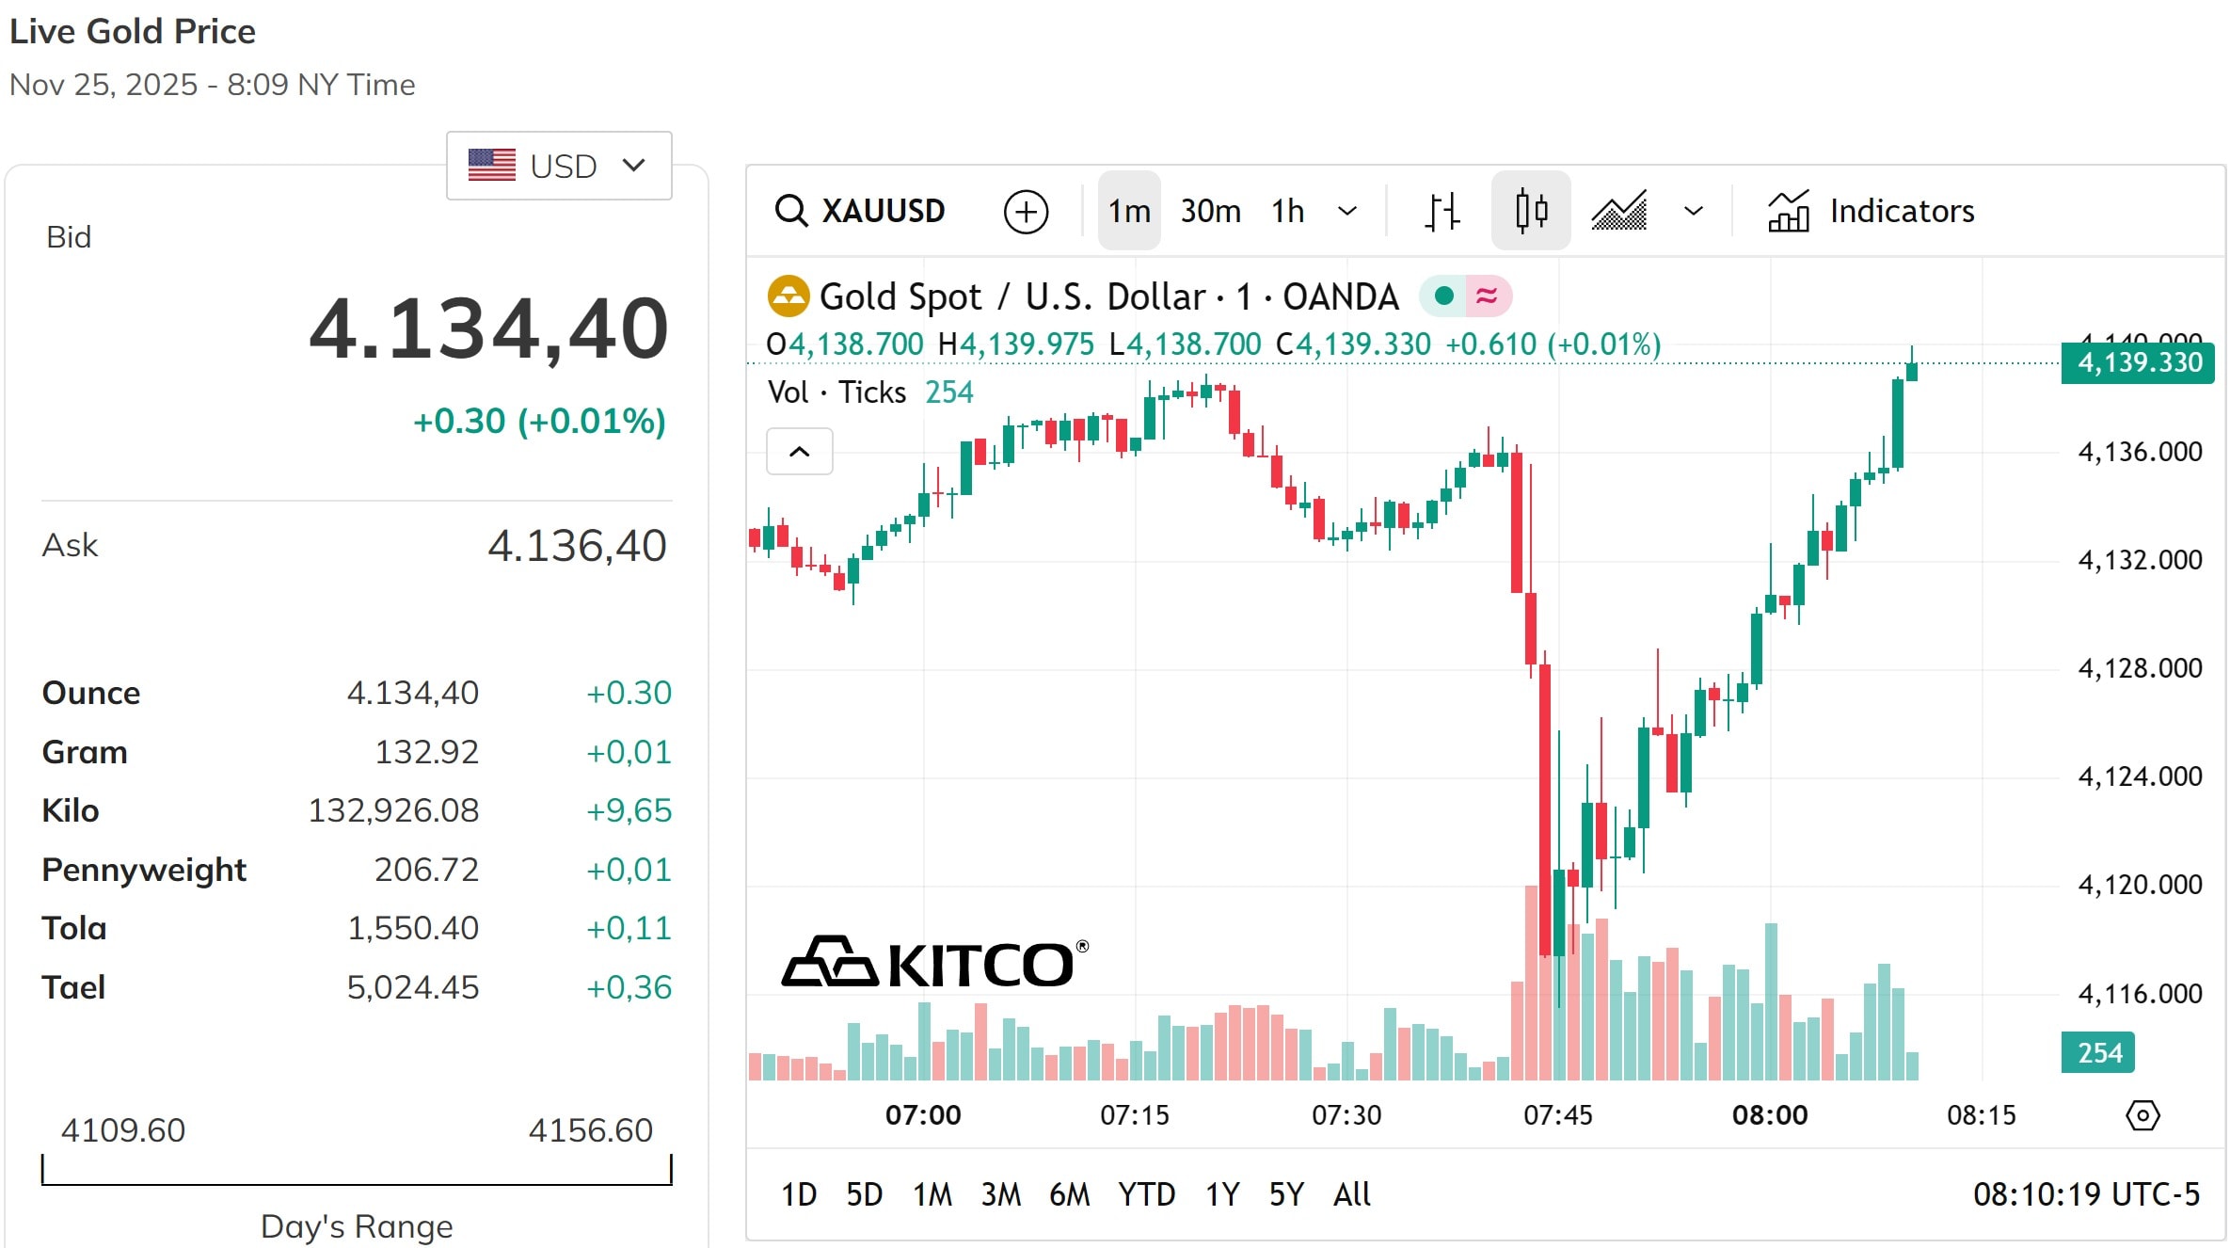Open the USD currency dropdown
559,166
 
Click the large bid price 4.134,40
488,328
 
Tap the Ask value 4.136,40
577,546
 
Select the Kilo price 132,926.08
393,810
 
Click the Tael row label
73,987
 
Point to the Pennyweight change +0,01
629,870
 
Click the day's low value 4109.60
123,1129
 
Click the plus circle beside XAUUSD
1026,211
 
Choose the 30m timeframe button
1210,211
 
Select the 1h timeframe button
1287,211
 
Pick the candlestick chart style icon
1531,211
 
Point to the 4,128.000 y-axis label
2140,668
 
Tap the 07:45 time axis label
1558,1115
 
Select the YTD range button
1146,1194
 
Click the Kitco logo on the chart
934,963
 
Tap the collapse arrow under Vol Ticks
799,452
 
